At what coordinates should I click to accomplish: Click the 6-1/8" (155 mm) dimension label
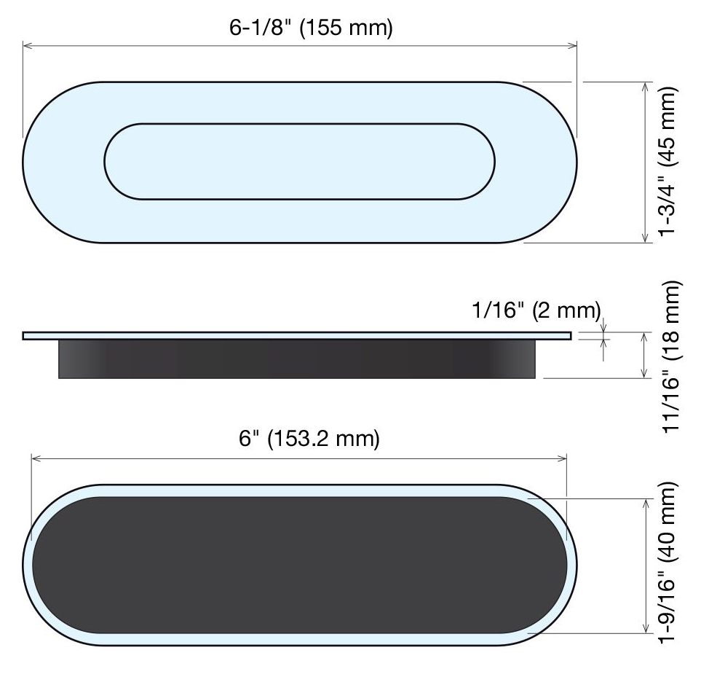click(x=311, y=28)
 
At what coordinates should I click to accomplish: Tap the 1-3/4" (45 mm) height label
click(x=667, y=161)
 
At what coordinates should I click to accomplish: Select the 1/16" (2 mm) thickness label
click(x=536, y=310)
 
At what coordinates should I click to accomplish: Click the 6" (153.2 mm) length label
click(x=309, y=438)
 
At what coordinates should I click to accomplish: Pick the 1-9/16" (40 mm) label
click(x=667, y=562)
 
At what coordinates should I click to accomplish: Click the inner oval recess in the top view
click(x=299, y=161)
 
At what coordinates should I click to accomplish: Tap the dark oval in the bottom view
click(x=299, y=565)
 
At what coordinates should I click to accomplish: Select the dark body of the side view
click(x=297, y=359)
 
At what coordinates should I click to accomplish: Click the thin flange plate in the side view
click(x=297, y=335)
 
